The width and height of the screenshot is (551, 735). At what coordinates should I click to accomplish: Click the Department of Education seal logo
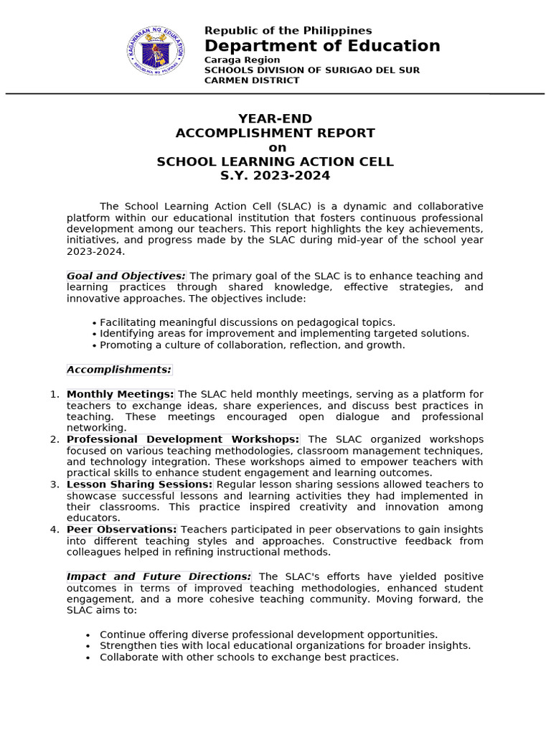pos(156,51)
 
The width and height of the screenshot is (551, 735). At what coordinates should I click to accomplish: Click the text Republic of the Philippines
pos(288,31)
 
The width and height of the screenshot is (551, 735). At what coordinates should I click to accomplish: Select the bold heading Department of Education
pos(322,46)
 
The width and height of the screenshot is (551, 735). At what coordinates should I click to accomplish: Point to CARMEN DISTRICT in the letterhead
pos(252,80)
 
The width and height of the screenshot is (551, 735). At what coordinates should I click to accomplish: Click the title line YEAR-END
pos(275,119)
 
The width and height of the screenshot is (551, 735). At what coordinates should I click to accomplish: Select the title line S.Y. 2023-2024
pos(275,176)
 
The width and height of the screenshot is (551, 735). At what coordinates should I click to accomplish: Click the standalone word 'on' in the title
pos(276,148)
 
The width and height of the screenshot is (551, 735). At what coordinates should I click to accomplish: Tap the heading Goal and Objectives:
pos(126,276)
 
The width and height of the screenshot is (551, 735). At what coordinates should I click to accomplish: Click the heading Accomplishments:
pos(119,370)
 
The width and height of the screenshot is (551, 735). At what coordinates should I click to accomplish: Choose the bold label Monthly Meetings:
pos(121,394)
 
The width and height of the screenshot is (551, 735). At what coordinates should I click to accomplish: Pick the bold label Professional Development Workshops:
pos(183,439)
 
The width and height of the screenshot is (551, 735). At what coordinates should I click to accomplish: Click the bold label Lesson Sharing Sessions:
pos(140,484)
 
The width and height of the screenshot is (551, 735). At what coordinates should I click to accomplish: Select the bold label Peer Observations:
pos(122,530)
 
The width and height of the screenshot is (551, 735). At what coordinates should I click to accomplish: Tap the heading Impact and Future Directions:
pos(159,576)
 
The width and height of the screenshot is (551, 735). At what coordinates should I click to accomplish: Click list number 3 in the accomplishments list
pos(55,484)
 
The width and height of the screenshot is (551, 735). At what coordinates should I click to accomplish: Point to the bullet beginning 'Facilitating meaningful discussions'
pos(247,323)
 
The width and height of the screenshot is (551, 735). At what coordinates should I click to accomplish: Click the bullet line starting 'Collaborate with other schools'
pos(249,657)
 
